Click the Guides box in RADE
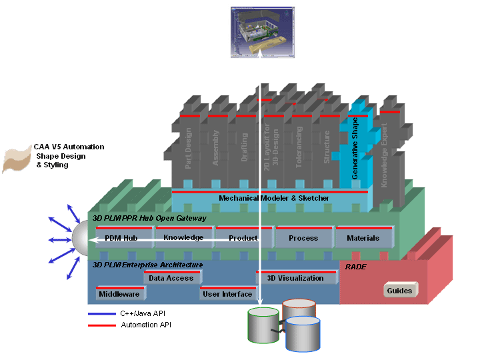(x=399, y=290)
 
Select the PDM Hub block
(x=121, y=238)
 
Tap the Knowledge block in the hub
(x=183, y=237)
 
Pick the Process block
(x=303, y=238)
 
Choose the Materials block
(x=363, y=238)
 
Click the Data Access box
(x=171, y=278)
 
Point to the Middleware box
(x=119, y=293)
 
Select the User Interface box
(x=227, y=293)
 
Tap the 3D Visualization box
(x=295, y=278)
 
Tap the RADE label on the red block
(x=355, y=266)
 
